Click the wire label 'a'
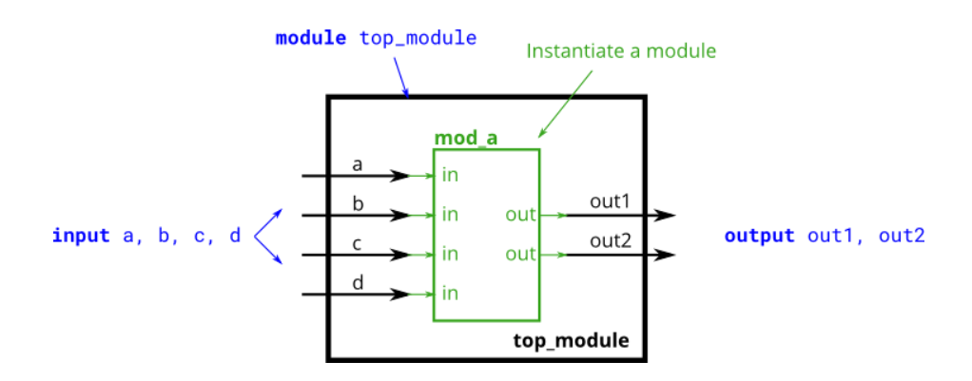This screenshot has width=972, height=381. (358, 164)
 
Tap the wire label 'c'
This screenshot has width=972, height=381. (358, 243)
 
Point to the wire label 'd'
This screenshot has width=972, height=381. (358, 282)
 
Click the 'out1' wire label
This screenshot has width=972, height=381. (610, 201)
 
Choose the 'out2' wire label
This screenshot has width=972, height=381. (610, 241)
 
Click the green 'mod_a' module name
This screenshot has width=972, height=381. (466, 138)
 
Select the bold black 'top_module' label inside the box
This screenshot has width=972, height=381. (571, 340)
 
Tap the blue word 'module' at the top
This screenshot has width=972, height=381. (312, 39)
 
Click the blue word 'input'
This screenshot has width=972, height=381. (81, 236)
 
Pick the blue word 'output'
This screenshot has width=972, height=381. (759, 236)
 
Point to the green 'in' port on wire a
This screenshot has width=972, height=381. (450, 175)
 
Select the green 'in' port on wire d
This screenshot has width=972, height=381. (450, 294)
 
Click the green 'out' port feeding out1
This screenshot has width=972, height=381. (520, 215)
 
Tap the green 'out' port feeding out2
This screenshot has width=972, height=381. (520, 255)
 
